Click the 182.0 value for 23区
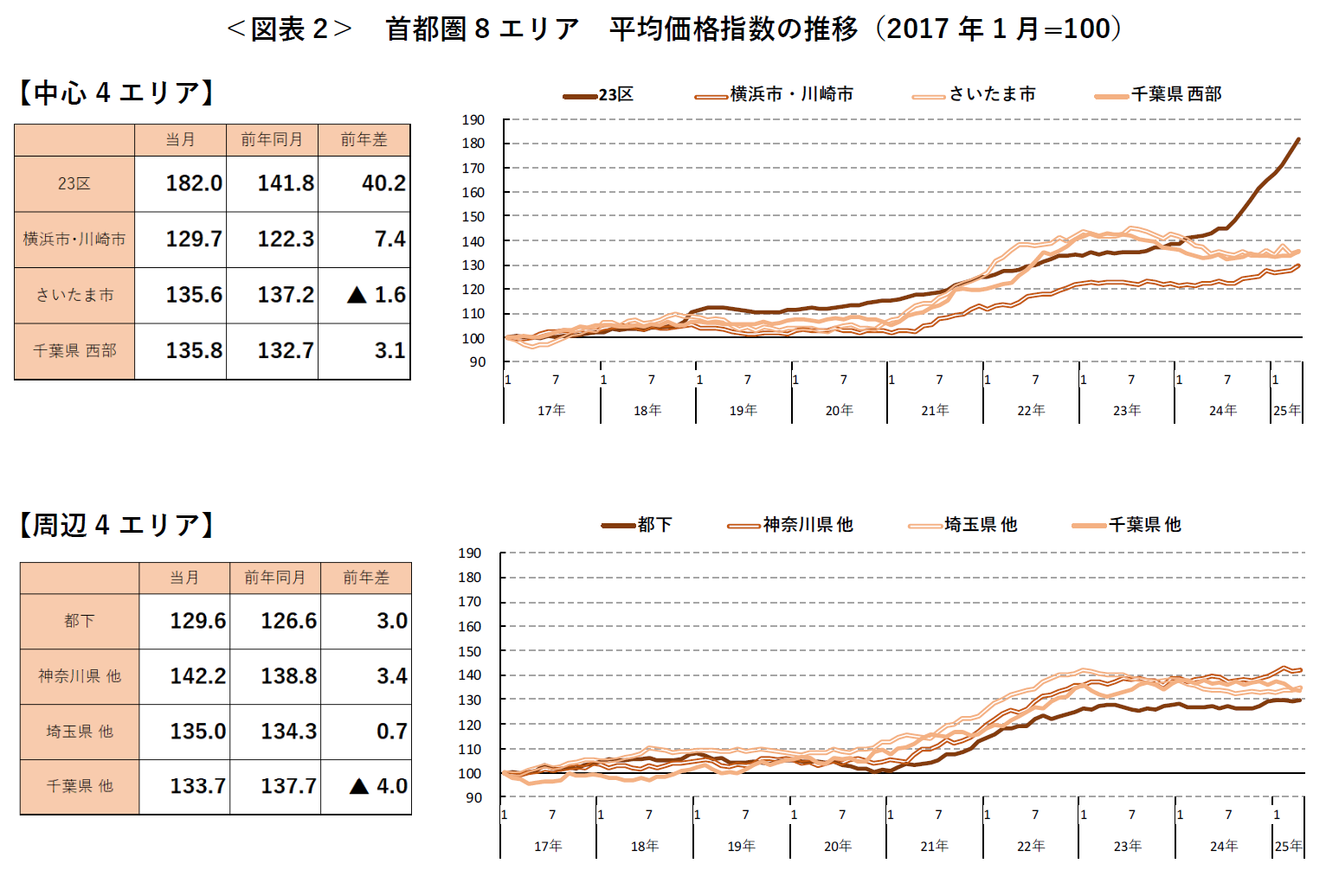coord(194,183)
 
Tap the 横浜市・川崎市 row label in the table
coord(74,239)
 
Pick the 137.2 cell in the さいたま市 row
coord(286,295)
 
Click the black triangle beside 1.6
coord(357,295)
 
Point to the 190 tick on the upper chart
coord(473,120)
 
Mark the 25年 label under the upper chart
coord(1286,410)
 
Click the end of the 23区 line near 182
coord(1297,140)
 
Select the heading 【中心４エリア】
coord(117,93)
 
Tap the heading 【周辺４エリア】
coord(117,525)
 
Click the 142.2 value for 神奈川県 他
coord(197,676)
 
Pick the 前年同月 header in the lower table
coord(274,578)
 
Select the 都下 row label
coord(80,621)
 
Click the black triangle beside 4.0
coord(359,786)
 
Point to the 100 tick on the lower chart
coord(470,774)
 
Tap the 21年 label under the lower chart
coord(934,846)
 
